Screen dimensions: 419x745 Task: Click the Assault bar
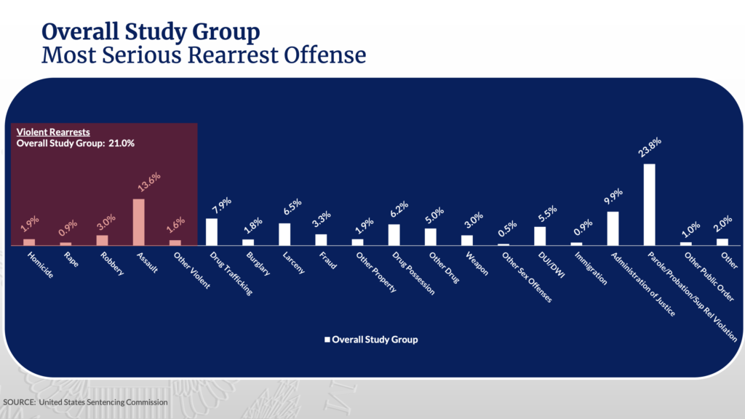click(138, 223)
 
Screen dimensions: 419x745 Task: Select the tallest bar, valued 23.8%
click(649, 205)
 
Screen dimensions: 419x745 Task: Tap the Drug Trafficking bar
click(212, 232)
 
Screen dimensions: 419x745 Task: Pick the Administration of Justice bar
click(613, 229)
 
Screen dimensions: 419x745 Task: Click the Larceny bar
click(284, 234)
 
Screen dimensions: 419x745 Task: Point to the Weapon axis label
click(477, 263)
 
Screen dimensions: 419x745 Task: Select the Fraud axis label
click(329, 261)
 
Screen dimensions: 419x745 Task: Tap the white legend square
click(327, 339)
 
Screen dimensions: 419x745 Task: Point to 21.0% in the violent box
click(122, 143)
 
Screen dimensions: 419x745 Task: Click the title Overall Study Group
click(150, 32)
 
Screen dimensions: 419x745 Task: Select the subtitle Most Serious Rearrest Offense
click(204, 55)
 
